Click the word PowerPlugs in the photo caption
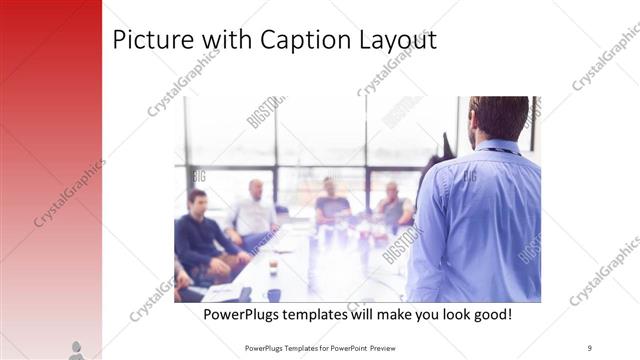[243, 314]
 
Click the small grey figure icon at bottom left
[76, 350]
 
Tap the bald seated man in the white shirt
[254, 211]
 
